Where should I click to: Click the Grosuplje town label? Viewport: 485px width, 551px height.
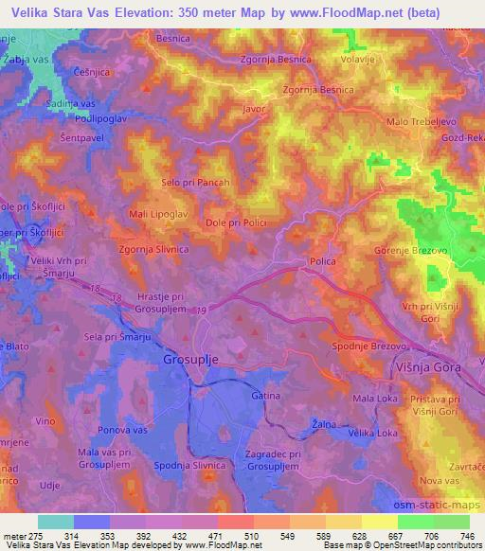pyautogui.click(x=198, y=361)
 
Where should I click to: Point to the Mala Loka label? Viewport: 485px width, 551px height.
pyautogui.click(x=374, y=400)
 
